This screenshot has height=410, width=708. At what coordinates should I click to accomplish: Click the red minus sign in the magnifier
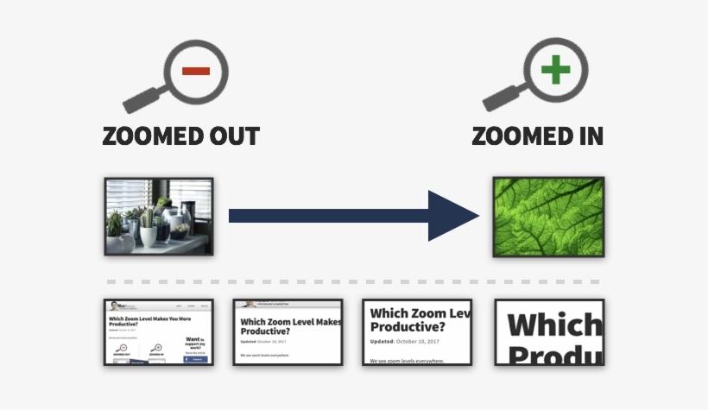tap(196, 70)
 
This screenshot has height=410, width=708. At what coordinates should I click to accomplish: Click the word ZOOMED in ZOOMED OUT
tap(152, 137)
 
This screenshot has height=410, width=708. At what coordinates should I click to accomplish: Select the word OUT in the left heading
tap(232, 137)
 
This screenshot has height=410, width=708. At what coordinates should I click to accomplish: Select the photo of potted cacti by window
tap(159, 216)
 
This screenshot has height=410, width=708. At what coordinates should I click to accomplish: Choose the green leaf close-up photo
tap(547, 216)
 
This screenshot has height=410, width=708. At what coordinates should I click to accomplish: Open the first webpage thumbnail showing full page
tap(159, 332)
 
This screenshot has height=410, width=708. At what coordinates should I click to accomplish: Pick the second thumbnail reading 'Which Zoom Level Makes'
tap(288, 322)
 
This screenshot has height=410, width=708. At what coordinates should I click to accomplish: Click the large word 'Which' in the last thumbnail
tap(553, 325)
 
